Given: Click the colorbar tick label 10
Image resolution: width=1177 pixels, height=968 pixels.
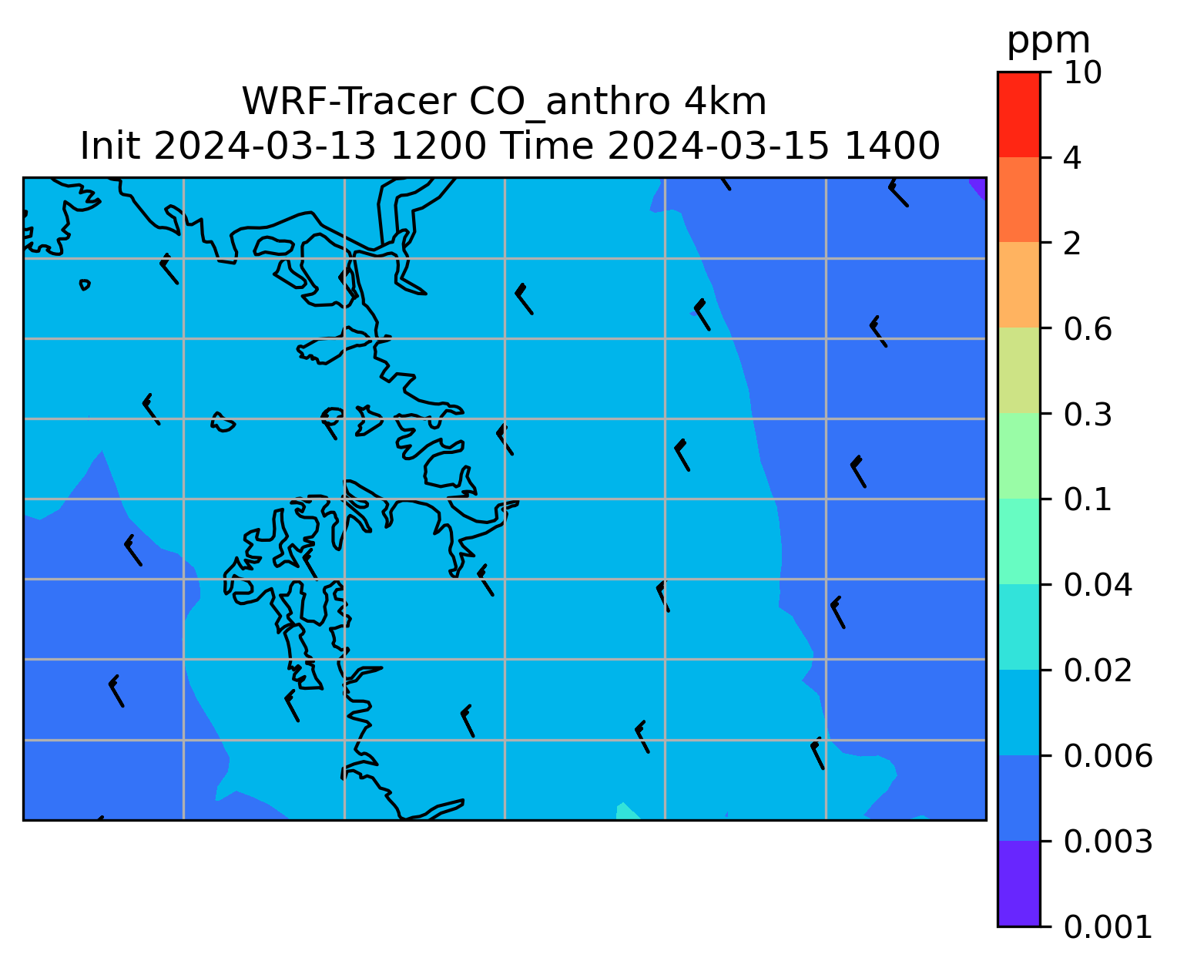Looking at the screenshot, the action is [1083, 72].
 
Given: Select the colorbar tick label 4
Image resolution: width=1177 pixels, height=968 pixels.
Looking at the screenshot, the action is [1072, 158].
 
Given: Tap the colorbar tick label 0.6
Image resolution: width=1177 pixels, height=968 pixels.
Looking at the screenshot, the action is [1088, 329].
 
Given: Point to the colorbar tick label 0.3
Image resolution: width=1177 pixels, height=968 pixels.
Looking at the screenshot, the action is [1088, 414].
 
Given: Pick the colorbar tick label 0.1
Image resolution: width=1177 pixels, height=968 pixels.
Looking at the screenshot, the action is [1087, 499].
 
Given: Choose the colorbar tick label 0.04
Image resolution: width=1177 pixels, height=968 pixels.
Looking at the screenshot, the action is [1098, 584].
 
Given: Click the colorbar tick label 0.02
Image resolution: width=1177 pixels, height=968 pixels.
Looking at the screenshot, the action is [1098, 670].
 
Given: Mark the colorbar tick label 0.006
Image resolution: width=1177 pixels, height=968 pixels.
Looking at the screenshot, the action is [1108, 756].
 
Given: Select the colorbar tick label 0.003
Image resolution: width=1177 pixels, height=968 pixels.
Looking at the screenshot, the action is [1108, 842].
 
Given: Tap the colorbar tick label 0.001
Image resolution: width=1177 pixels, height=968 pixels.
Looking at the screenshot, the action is [1108, 927].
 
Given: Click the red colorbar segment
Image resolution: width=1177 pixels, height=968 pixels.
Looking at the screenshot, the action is [1018, 114].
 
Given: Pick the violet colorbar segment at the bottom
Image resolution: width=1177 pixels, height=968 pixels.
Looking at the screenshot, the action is [1018, 883].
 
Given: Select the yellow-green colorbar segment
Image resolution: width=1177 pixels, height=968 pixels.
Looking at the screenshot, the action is [1018, 371].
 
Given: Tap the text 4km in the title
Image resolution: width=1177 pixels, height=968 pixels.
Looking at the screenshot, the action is [725, 103].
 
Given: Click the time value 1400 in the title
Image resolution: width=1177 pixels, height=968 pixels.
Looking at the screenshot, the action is [892, 146].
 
